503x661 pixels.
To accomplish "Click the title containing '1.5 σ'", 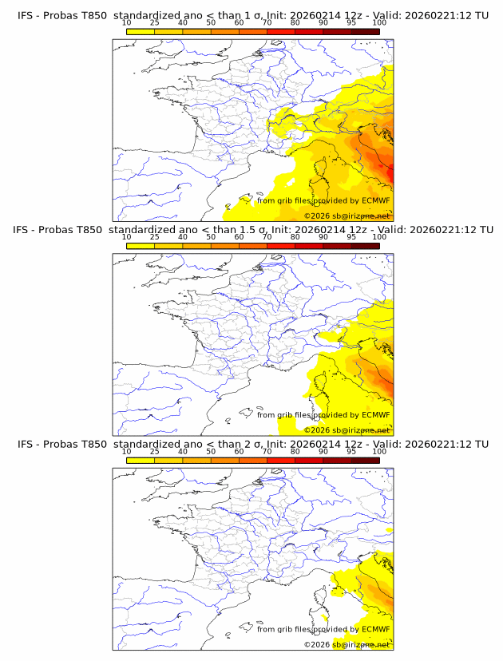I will click(x=252, y=229).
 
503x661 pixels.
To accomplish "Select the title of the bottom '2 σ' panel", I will click(x=252, y=444).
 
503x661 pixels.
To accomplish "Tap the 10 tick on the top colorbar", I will click(x=127, y=22).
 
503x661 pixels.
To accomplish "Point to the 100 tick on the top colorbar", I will click(x=379, y=22).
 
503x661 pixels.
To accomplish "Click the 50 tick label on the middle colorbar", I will click(x=211, y=237).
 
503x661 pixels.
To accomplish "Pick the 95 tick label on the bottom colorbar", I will click(x=351, y=452).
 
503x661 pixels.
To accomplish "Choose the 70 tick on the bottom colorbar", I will click(x=267, y=452).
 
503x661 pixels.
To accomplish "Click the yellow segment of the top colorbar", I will click(x=141, y=31).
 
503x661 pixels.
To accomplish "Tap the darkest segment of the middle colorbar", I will click(x=365, y=246).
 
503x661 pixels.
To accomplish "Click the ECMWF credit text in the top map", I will click(x=323, y=201).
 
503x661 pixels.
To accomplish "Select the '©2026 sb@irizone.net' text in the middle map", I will click(x=347, y=430).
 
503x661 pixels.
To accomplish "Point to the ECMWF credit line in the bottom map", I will click(x=323, y=629).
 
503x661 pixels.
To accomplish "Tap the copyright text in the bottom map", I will click(x=347, y=644).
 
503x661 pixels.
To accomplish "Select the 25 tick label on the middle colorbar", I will click(x=155, y=237).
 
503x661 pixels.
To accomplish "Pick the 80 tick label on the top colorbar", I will click(x=295, y=22).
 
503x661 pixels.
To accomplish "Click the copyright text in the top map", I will click(x=347, y=216).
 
